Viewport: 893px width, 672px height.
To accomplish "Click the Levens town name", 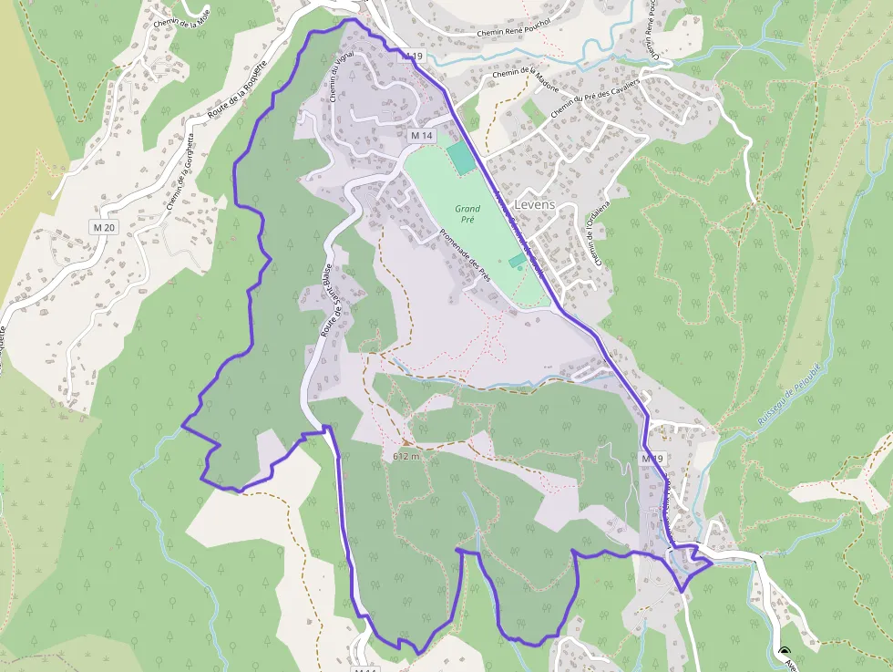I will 534,204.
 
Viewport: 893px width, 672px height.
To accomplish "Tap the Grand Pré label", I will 467,214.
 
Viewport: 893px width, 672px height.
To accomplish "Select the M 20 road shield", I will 105,226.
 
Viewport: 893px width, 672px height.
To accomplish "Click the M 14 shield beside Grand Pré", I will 420,135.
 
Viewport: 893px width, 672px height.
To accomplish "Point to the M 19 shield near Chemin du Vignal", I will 413,57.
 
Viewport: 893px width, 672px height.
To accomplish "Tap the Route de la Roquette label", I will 235,91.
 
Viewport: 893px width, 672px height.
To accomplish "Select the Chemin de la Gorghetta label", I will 180,172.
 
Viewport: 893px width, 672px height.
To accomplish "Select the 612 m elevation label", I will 406,456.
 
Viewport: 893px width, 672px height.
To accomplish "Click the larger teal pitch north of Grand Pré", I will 461,158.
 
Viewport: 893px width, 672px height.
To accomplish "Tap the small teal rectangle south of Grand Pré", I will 517,262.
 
